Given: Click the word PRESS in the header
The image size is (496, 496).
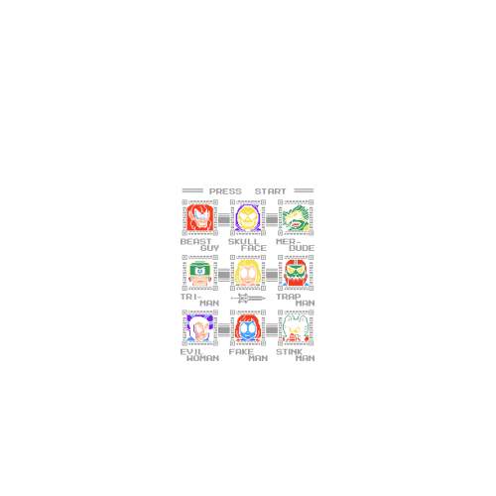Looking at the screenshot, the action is [x=225, y=191].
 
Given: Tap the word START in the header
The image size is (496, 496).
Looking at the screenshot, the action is [x=270, y=191].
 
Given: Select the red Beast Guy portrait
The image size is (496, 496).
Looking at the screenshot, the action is [x=199, y=217].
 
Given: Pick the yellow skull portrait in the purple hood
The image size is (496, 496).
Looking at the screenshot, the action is [x=248, y=217].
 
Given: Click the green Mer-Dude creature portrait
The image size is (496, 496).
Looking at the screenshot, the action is [x=296, y=217].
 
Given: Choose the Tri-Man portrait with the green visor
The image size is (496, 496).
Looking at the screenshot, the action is [x=199, y=273].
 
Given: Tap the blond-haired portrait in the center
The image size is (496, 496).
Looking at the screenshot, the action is [x=248, y=273].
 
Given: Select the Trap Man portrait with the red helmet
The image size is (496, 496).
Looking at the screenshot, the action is [x=296, y=273].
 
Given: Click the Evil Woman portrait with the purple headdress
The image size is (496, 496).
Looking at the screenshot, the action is [x=199, y=328].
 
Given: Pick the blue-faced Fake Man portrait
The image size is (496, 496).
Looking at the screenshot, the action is [x=248, y=328].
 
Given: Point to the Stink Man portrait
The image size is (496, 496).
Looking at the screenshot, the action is [x=296, y=328].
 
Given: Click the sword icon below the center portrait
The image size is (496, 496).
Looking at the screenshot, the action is [x=248, y=299].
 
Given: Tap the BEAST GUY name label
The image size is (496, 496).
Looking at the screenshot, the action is [x=199, y=245].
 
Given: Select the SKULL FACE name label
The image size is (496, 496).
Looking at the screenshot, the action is [x=247, y=245].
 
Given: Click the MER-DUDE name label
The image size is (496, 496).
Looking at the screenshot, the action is [x=296, y=245].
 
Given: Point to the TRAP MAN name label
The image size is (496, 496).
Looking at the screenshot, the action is [x=296, y=300].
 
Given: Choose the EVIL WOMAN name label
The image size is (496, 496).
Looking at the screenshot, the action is [x=199, y=355].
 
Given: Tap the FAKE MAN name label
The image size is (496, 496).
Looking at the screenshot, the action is [x=248, y=355].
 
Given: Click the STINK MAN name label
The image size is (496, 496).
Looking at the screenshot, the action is [x=296, y=355].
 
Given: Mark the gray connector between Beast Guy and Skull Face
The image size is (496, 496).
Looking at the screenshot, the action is [x=224, y=219].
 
